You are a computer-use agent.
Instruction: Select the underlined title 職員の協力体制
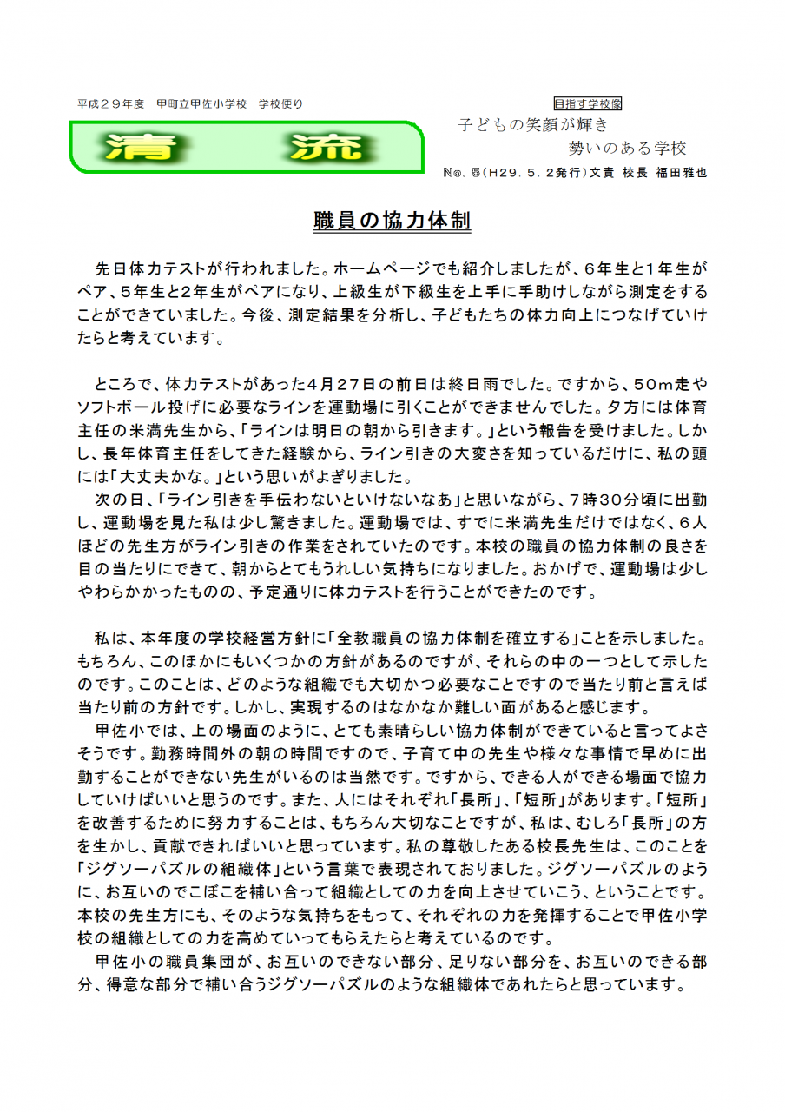[392, 222]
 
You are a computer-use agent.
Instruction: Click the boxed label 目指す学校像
[588, 103]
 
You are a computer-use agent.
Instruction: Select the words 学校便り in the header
[280, 103]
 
